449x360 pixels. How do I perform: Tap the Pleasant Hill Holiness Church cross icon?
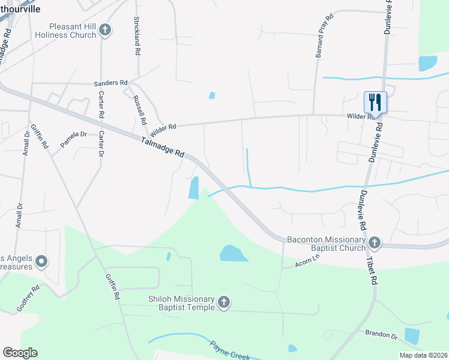coord(105,30)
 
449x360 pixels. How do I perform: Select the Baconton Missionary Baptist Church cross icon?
coord(375,242)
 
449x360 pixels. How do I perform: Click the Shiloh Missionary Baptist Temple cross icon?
coord(224,302)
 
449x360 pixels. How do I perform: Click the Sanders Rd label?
coord(110,83)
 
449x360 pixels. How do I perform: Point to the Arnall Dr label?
coord(26,144)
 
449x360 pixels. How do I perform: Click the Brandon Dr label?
coord(381,333)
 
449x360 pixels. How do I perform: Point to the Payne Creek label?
coord(229,350)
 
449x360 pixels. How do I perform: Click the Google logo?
coord(20,353)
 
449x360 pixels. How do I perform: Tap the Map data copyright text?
coord(424,355)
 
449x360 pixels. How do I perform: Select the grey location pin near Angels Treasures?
coord(41,261)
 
